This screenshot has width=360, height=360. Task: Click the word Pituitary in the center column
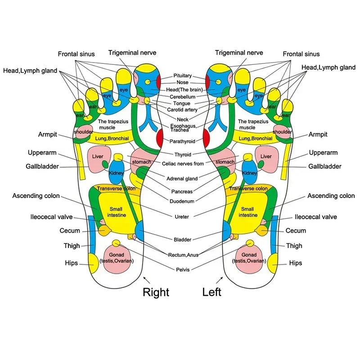pos(183,76)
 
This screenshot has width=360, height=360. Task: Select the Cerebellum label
pos(183,97)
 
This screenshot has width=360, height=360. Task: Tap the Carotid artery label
pos(182,110)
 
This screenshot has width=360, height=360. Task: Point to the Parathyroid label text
pos(183,141)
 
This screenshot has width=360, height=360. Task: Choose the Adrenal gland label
pos(182,179)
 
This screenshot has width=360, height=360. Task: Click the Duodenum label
pos(182,201)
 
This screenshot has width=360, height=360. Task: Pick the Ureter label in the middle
pos(182,216)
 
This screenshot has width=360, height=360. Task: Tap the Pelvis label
pos(183,270)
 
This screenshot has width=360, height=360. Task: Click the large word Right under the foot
pos(156,292)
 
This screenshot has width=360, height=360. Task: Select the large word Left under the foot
pos(211,292)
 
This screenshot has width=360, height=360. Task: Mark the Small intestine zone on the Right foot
pos(117,212)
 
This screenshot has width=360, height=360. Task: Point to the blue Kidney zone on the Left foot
pos(249,172)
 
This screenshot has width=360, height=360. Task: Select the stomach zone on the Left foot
pos(225,161)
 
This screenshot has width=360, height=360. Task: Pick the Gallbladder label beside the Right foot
pos(42,166)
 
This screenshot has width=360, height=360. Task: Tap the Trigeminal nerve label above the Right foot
pos(132,53)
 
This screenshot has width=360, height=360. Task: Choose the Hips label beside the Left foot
pos(296,263)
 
